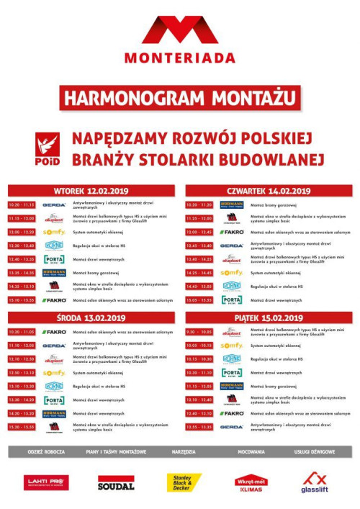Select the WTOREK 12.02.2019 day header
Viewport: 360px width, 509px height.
(91, 192)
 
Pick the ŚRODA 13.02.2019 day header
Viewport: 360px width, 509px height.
(91, 318)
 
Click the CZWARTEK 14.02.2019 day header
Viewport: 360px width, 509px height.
(269, 192)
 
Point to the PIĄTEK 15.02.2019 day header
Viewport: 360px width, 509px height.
(269, 318)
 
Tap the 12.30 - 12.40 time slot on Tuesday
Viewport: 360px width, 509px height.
(22, 246)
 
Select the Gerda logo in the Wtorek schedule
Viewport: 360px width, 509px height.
(54, 205)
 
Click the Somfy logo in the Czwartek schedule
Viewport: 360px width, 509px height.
(232, 272)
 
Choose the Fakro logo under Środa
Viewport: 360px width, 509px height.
(54, 332)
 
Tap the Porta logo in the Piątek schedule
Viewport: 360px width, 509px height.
(232, 372)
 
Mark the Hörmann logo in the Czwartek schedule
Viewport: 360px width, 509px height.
(232, 205)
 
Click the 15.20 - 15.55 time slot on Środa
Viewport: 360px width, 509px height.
(22, 427)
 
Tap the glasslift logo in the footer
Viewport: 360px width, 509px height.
(315, 483)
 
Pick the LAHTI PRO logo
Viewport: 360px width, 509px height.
(47, 483)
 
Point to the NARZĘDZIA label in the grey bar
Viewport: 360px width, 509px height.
(184, 452)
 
